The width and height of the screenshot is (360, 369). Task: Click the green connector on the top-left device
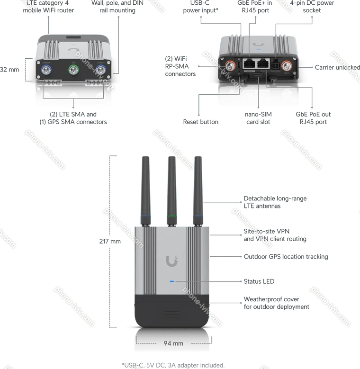73,71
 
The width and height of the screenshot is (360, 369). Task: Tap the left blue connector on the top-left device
46,71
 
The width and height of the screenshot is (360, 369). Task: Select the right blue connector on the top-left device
100,71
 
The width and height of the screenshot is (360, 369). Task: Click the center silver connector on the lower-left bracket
73,97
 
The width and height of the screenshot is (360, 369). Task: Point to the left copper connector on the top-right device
230,67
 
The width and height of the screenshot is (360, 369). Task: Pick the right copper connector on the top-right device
287,66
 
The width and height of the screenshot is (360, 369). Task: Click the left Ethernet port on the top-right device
249,64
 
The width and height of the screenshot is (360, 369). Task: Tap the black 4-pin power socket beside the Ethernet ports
275,65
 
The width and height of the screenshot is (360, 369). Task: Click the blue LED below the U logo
172,282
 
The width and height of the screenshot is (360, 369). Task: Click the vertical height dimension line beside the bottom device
112,242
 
